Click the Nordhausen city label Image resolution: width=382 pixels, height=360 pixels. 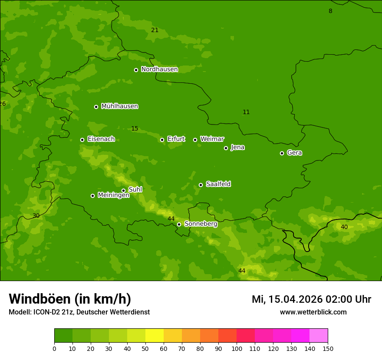[x=159, y=69]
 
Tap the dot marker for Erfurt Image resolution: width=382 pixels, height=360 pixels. [x=162, y=140]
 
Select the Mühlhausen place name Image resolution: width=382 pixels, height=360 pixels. [x=119, y=106]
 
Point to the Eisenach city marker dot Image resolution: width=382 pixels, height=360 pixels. [x=82, y=140]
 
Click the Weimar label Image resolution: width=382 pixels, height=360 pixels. [x=212, y=139]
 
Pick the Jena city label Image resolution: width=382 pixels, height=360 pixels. [x=237, y=147]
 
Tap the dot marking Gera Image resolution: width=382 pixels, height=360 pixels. [x=282, y=153]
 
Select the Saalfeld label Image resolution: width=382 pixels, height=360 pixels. [x=218, y=184]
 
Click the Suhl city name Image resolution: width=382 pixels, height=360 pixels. [x=135, y=190]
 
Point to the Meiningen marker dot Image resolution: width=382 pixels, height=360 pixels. [x=92, y=196]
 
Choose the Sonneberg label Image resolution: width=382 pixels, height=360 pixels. [x=201, y=224]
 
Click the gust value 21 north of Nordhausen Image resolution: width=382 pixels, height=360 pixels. [x=155, y=30]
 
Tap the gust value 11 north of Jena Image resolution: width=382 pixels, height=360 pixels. [x=246, y=112]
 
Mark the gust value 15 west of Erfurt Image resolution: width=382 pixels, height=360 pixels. [x=135, y=128]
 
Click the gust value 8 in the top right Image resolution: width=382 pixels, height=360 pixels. [x=330, y=11]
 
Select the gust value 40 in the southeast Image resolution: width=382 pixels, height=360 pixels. [x=344, y=227]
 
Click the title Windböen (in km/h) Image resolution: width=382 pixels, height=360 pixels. [x=70, y=299]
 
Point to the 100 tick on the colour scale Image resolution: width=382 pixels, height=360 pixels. [x=237, y=348]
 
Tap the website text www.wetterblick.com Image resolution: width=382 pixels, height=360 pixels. [x=313, y=312]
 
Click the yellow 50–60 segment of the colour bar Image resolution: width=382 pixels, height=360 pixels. [x=155, y=336]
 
